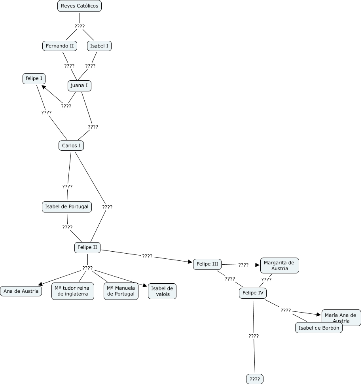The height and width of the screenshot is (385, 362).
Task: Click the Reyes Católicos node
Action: point(80,6)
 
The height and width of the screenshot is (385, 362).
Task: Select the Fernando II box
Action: point(60,46)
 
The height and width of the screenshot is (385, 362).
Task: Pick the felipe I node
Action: point(34,79)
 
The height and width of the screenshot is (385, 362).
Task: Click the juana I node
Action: point(80,85)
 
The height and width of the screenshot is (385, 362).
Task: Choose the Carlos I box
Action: point(71,146)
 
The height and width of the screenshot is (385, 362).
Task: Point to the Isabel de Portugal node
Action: point(67,207)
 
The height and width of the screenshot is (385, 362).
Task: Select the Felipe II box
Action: point(87,248)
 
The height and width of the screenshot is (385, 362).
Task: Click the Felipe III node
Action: point(207,264)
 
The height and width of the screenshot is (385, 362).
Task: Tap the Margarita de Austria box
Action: point(279,266)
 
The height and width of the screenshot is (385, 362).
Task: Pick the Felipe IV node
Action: point(252,293)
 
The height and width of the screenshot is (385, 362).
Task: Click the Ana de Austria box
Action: point(21,291)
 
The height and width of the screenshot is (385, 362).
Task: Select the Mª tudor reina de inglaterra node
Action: point(73,291)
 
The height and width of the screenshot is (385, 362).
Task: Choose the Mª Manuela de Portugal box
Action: point(121,291)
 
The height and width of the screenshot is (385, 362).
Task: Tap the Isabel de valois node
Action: point(162,291)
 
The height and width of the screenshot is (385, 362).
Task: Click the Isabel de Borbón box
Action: point(318,328)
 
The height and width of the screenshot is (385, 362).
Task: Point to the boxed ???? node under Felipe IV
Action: point(255,379)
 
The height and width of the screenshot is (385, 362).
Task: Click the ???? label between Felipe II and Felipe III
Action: point(147,256)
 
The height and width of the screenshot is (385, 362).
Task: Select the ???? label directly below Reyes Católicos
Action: point(80,27)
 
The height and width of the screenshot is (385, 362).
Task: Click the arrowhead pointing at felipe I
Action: point(43,87)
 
